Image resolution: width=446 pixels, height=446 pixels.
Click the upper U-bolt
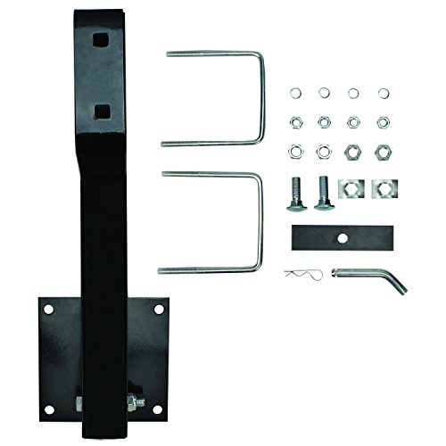click(x=261, y=98)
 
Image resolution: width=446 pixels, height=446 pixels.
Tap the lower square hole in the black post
click(x=104, y=111)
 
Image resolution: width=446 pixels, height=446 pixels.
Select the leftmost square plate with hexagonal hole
click(x=354, y=189)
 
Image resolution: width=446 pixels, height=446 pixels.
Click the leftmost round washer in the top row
click(x=295, y=94)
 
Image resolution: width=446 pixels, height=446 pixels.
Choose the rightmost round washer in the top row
click(x=384, y=93)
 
